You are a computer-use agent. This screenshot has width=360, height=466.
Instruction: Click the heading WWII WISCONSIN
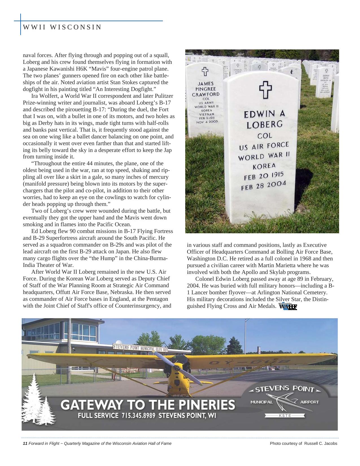click(62, 27)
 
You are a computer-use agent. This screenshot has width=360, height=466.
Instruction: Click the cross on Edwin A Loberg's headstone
click(265, 90)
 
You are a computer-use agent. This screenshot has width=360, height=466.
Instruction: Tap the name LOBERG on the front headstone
click(265, 125)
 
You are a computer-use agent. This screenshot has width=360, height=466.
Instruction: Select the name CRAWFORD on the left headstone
click(206, 95)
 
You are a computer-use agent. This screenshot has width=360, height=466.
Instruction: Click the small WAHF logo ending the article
click(288, 306)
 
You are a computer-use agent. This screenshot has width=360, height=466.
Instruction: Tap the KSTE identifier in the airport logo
click(285, 415)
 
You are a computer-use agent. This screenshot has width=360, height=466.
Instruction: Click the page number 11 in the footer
click(25, 443)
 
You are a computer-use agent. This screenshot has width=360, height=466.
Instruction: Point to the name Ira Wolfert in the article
click(43, 96)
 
